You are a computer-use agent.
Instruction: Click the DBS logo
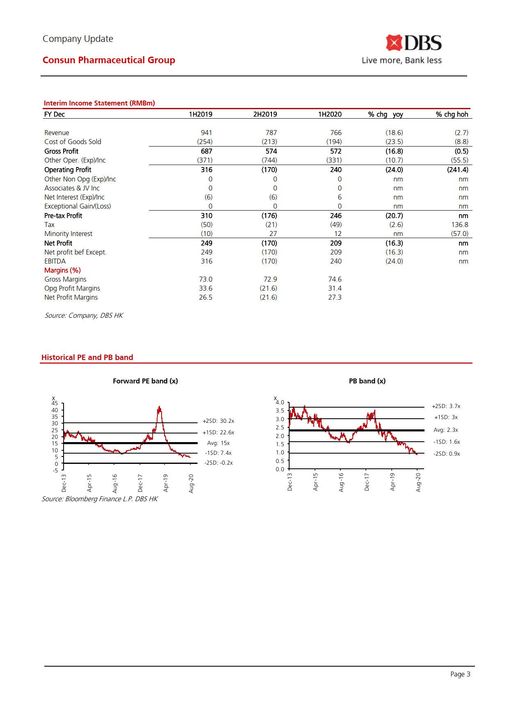point(413,43)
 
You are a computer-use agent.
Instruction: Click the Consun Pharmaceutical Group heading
point(109,60)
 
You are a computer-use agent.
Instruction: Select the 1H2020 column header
point(329,114)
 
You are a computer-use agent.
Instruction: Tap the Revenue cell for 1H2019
point(206,133)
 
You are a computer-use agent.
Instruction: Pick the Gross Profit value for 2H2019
point(271,151)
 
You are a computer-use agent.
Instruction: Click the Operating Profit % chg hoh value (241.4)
point(457,170)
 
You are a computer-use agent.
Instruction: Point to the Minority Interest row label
point(68,234)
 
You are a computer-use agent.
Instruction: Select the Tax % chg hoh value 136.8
point(459,225)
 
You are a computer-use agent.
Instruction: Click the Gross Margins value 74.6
point(335,279)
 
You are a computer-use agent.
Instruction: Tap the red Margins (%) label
point(62,270)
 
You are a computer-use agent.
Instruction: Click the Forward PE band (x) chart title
point(145,381)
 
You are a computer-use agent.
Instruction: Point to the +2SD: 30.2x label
point(218,421)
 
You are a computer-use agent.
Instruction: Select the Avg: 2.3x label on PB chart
point(446,430)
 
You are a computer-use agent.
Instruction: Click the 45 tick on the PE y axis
point(55,404)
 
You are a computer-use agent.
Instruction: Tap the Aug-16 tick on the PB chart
point(341,482)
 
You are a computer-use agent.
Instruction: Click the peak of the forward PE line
point(159,407)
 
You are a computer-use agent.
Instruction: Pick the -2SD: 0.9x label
point(447,454)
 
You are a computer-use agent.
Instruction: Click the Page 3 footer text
point(460,674)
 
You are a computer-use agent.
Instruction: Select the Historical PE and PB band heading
point(87,357)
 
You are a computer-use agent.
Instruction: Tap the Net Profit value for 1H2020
point(336,243)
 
